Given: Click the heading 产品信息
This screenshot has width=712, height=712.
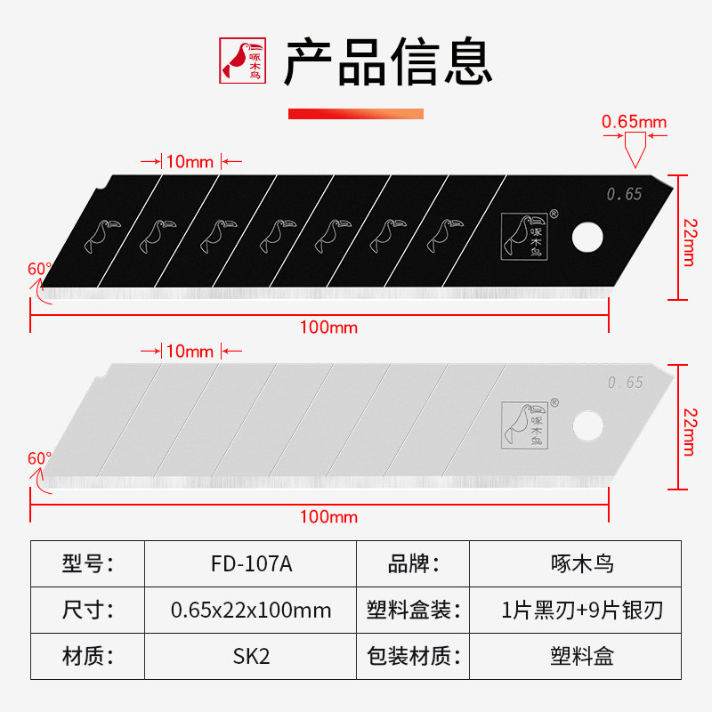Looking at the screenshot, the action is point(388,61).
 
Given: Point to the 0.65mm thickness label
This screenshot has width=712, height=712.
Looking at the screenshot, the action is point(634,121).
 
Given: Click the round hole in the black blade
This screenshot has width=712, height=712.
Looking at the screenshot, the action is point(587,237).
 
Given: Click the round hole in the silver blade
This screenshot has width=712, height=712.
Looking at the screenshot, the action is point(587,425).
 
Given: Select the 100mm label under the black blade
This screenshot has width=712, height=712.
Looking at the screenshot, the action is point(328,328).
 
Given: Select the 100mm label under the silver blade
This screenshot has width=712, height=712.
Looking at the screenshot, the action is point(328,517).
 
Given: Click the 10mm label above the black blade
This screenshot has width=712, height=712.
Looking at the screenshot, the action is point(190,162).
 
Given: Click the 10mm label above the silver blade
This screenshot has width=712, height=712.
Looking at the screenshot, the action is point(190,352).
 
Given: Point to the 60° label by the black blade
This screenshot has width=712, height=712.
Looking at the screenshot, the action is point(40,268).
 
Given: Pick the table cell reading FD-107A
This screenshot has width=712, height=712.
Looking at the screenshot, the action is point(251,564).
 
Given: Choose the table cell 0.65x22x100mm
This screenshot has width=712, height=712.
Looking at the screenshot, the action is point(251,611).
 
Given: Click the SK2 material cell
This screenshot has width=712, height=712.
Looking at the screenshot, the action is point(251,657).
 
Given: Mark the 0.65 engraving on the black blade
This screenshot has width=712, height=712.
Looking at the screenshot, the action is point(624,194).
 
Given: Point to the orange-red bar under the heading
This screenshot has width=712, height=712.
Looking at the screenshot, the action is point(356,114).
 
